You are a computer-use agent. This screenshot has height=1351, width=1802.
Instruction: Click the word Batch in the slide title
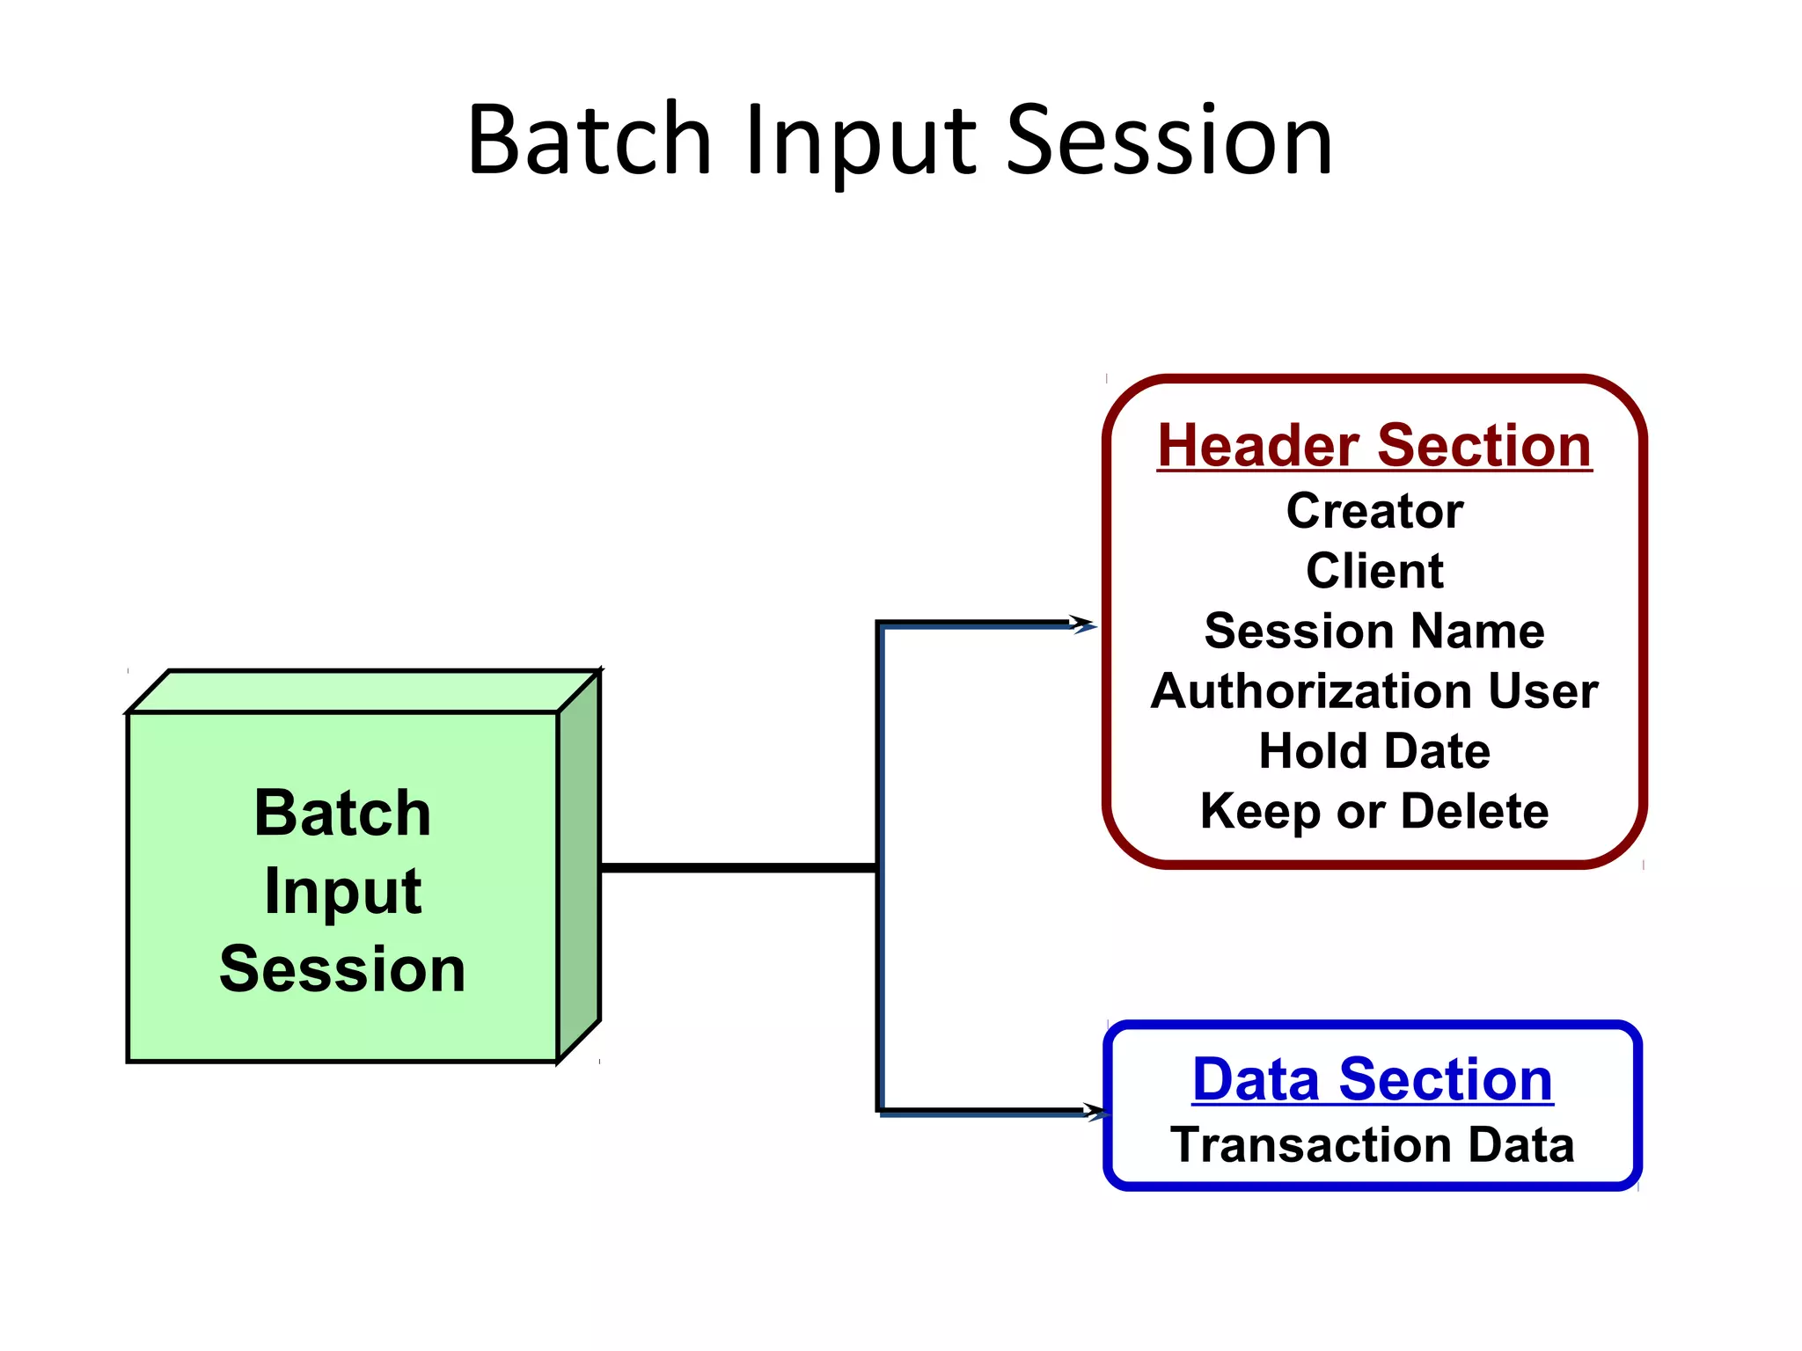(590, 141)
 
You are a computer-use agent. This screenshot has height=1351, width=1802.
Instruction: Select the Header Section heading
(1373, 445)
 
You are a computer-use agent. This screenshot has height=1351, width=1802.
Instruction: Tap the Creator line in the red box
(1374, 511)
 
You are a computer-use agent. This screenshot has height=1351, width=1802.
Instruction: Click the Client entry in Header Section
(1374, 571)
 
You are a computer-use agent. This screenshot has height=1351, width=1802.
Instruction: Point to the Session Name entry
(1374, 631)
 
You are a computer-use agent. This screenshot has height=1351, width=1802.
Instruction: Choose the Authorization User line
(1374, 691)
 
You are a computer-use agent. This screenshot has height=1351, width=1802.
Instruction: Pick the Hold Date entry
(1374, 751)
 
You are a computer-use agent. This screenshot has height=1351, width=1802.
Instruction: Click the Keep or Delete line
(1374, 811)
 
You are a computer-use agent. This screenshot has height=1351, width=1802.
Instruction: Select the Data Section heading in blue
(1373, 1079)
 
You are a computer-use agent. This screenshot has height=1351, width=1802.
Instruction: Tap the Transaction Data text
(1373, 1145)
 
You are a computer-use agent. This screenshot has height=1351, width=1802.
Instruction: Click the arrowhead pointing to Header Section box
(1084, 624)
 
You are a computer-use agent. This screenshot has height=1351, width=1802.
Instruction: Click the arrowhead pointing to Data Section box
(1096, 1112)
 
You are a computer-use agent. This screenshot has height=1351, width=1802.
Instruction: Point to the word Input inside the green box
(343, 892)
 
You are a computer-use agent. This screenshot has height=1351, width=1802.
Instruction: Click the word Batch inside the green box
(343, 813)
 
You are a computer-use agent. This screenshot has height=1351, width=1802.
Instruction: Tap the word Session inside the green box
(343, 969)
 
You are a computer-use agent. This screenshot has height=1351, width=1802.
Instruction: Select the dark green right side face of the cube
(579, 866)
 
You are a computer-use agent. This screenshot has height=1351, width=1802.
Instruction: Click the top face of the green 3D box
(363, 691)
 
